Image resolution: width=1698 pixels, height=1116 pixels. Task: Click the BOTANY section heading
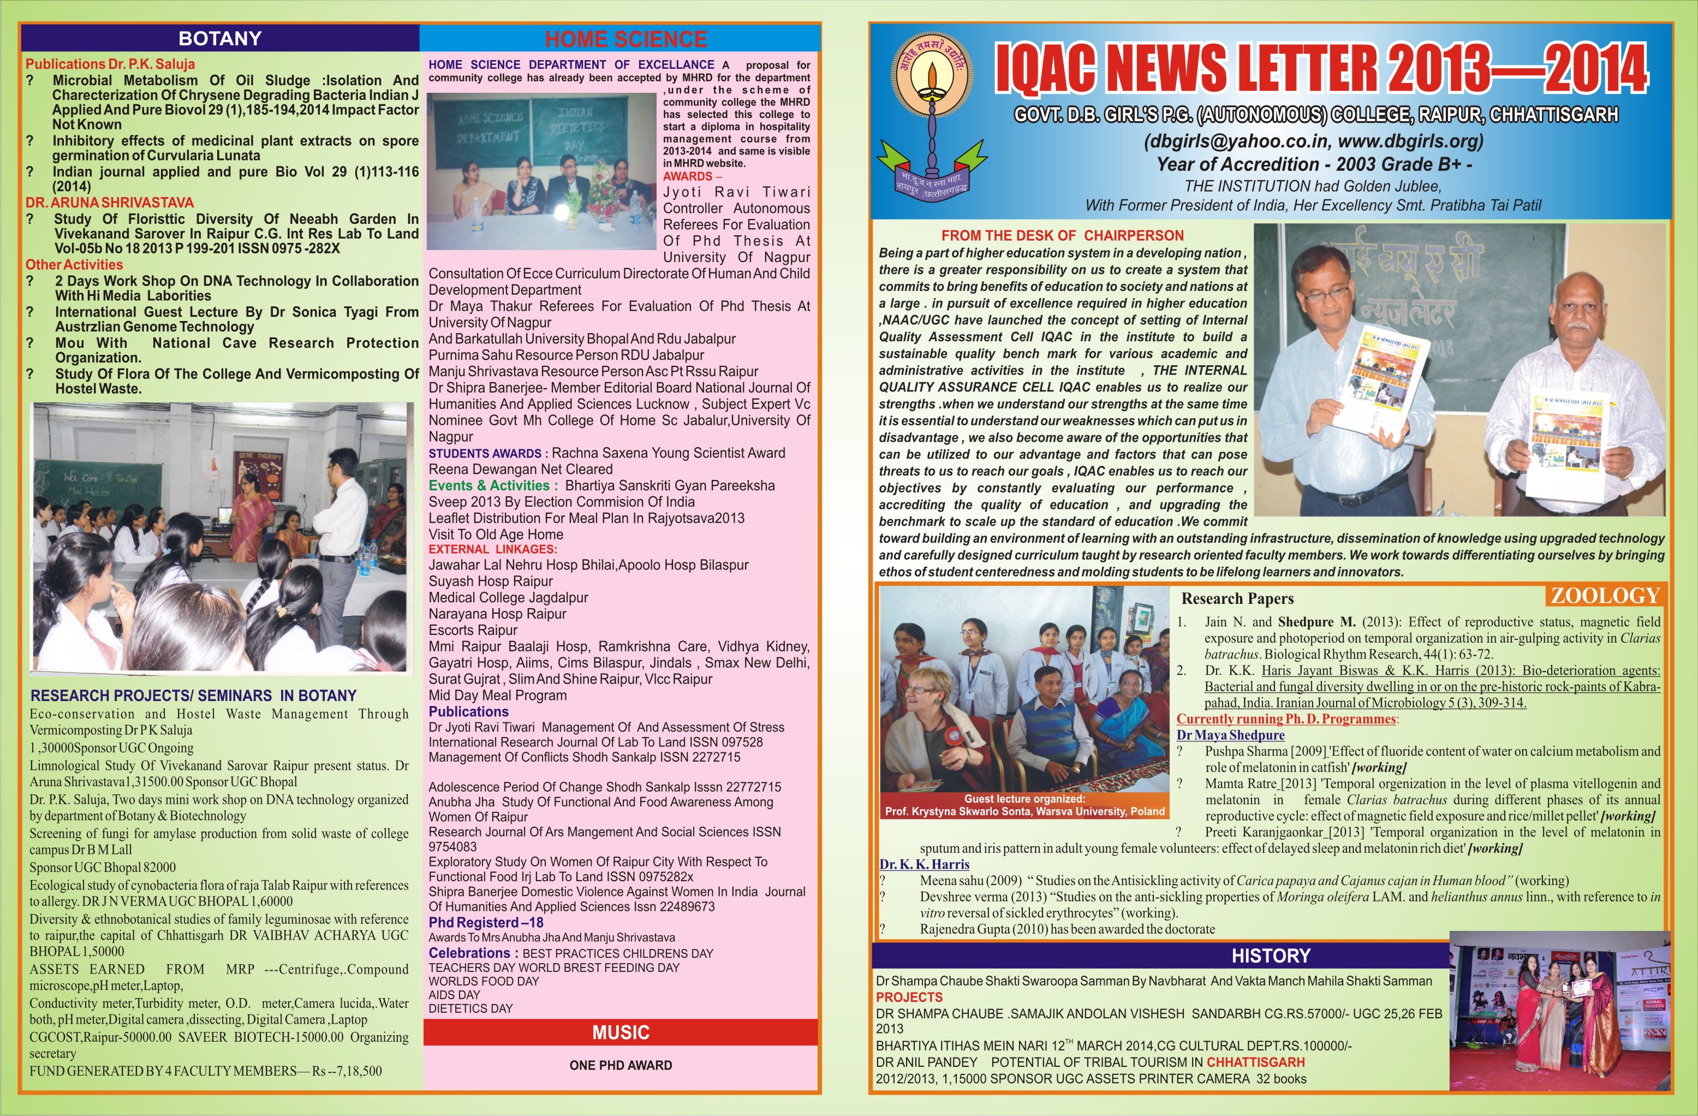coord(220,39)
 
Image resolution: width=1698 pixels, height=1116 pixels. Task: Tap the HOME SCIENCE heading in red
coord(625,39)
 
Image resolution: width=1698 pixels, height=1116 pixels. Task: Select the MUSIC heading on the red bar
coord(621,1032)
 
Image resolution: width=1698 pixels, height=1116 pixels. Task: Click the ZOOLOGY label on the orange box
coord(1605,596)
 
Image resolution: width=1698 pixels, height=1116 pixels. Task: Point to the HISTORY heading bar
coord(1271,956)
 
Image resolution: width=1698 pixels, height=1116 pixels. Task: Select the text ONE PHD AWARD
coord(621,1065)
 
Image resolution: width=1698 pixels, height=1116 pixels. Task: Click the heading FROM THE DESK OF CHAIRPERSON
coord(1062,235)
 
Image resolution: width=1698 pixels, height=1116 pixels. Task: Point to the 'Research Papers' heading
coord(1237,598)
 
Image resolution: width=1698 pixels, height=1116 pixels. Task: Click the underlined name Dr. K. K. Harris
coord(924,864)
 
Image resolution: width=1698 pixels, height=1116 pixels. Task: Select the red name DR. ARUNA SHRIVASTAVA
coord(110,203)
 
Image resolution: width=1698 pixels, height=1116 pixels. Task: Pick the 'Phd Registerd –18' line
coord(486,923)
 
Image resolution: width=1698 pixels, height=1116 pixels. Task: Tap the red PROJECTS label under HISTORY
coord(909,997)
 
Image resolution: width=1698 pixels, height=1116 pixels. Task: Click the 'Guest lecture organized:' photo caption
coord(1024,798)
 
